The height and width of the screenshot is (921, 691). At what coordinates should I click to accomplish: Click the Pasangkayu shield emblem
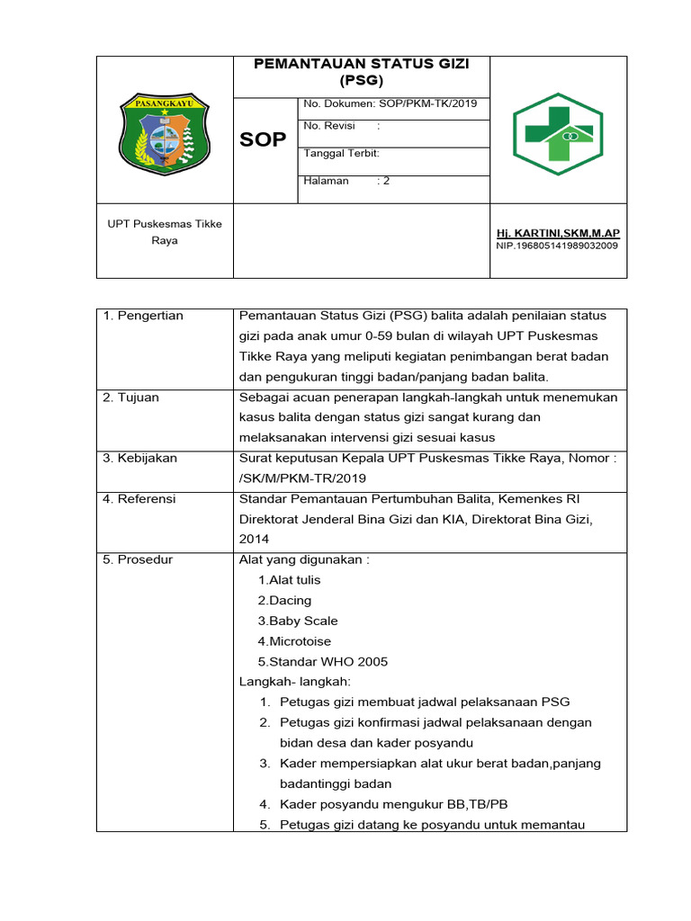coord(165,134)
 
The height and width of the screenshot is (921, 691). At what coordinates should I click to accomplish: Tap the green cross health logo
coord(558,134)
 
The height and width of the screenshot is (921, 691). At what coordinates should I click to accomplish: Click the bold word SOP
coord(263,139)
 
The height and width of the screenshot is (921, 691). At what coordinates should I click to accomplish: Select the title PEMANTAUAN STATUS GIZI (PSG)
coord(362,71)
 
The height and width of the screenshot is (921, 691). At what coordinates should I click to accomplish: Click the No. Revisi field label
coord(326,126)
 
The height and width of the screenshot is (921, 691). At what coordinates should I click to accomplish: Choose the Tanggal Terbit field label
coord(342,154)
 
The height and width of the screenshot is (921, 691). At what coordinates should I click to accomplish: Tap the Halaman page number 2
coord(386,181)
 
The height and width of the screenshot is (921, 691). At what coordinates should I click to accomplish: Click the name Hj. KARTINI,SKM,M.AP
coord(558,233)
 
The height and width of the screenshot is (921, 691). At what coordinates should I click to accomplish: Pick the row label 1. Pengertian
coord(143,316)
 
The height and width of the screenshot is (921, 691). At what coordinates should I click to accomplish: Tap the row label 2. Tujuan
coord(131,398)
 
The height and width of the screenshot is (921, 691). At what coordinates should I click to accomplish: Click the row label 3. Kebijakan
coord(140,458)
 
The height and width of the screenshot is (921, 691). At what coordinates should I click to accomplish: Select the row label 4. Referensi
coord(139,498)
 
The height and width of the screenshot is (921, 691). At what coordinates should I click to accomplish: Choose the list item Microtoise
coord(294,641)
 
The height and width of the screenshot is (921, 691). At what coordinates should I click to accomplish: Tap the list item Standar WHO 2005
coord(323,662)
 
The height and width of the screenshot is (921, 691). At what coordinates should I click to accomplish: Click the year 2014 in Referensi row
coord(254,539)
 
